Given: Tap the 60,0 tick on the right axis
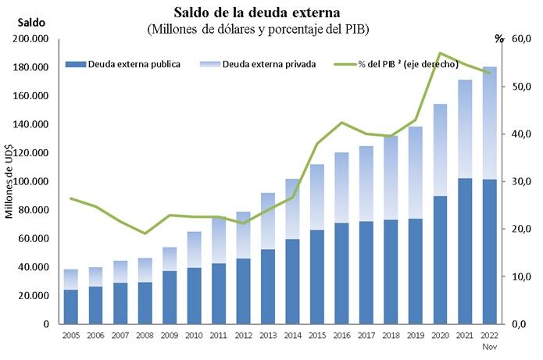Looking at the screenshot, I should point(522,39).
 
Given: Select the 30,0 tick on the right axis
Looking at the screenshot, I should point(522,181).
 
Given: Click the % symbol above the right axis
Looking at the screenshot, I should point(500,37).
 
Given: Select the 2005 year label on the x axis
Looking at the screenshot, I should point(71,334).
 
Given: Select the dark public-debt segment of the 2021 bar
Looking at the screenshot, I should point(465,250).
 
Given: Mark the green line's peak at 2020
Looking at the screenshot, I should point(440,54).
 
